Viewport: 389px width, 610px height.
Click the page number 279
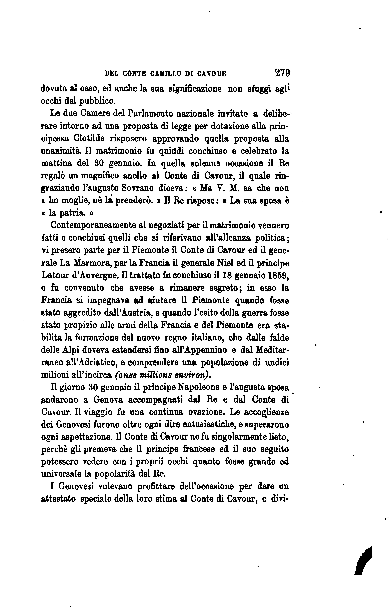coord(282,73)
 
